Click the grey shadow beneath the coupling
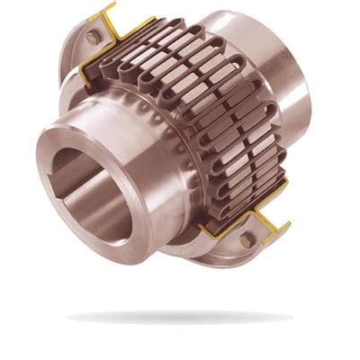[180, 317]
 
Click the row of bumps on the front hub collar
[166, 144]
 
